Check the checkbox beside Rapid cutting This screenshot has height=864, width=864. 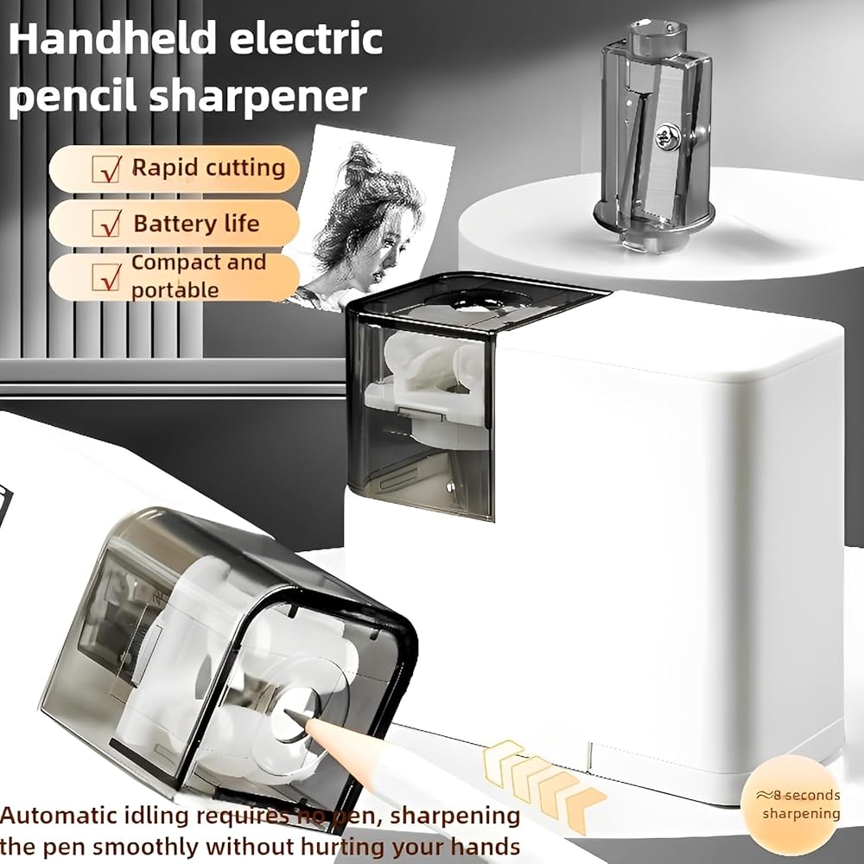click(107, 168)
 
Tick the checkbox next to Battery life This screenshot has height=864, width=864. click(107, 223)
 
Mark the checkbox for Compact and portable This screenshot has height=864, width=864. click(107, 276)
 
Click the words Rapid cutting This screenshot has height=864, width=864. click(208, 168)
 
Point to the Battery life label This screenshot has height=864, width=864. click(196, 223)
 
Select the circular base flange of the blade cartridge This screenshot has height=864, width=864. click(654, 219)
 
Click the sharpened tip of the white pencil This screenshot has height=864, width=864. click(290, 713)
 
